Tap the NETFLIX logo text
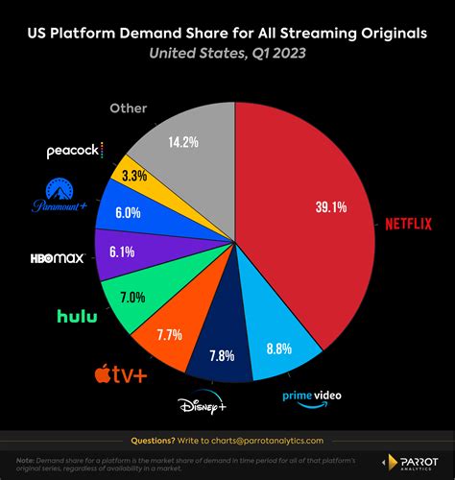[409, 225]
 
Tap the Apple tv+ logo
[120, 372]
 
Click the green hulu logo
[77, 315]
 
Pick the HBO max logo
[58, 257]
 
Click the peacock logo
[74, 151]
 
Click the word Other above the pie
[129, 108]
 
